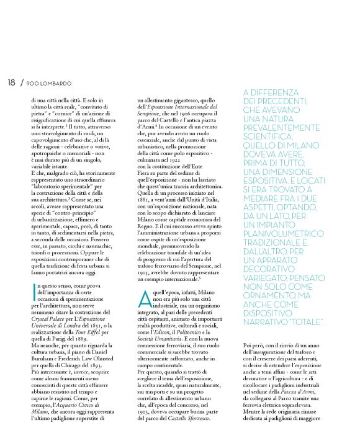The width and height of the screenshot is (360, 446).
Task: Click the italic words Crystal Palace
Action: (x=48, y=316)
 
